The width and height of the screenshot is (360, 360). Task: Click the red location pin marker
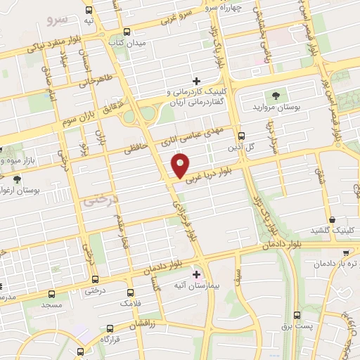click(181, 166)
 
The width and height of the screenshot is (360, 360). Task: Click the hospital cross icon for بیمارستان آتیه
click(195, 274)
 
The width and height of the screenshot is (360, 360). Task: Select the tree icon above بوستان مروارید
click(274, 97)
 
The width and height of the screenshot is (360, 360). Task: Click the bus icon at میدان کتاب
click(127, 32)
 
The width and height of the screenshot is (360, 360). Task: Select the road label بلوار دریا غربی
click(211, 170)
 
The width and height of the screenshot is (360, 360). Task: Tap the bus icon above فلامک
click(130, 290)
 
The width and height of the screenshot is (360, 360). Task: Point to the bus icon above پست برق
click(297, 315)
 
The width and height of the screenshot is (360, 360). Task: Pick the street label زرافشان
click(148, 324)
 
